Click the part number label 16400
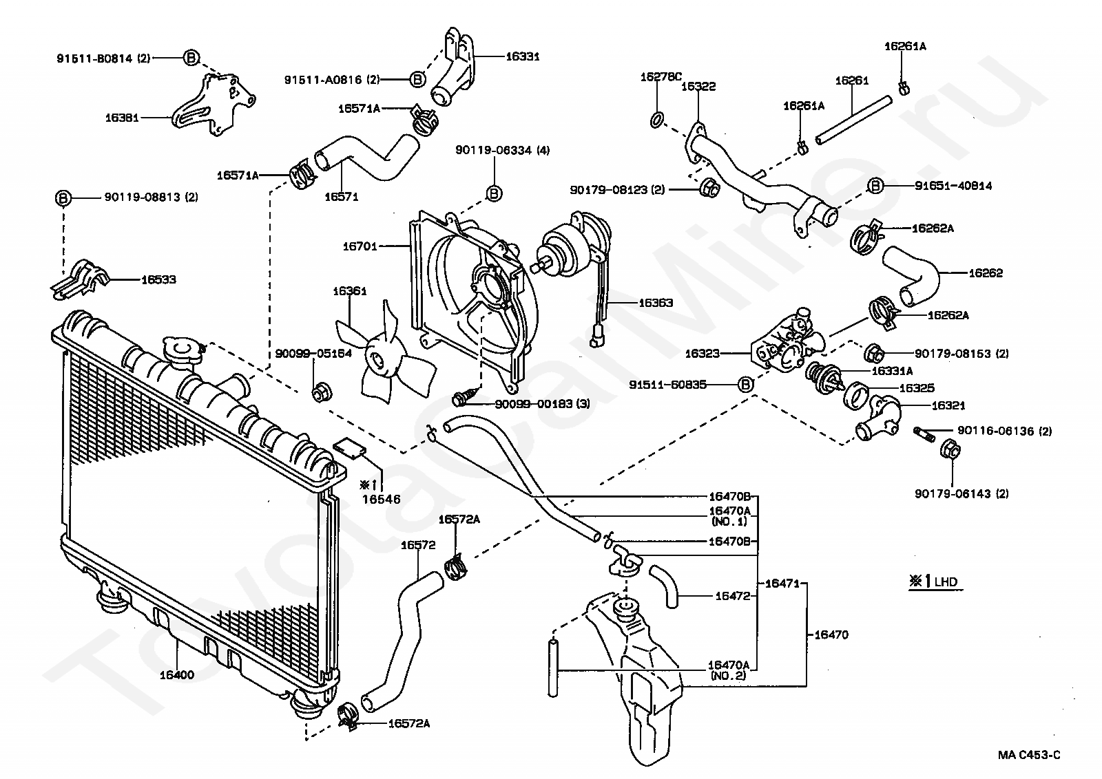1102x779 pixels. point(176,675)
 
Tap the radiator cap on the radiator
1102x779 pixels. point(182,351)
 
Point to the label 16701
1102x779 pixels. point(360,246)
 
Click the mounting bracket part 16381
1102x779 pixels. point(213,105)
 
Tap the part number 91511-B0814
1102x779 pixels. point(94,58)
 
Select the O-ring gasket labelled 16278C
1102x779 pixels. point(657,120)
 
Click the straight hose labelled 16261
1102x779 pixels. point(853,120)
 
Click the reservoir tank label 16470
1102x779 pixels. point(831,634)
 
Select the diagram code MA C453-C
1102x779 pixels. point(1029,754)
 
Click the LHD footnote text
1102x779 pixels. point(946,582)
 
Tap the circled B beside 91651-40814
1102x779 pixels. point(875,186)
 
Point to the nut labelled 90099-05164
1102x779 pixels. point(322,392)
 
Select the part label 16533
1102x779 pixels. point(158,279)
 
